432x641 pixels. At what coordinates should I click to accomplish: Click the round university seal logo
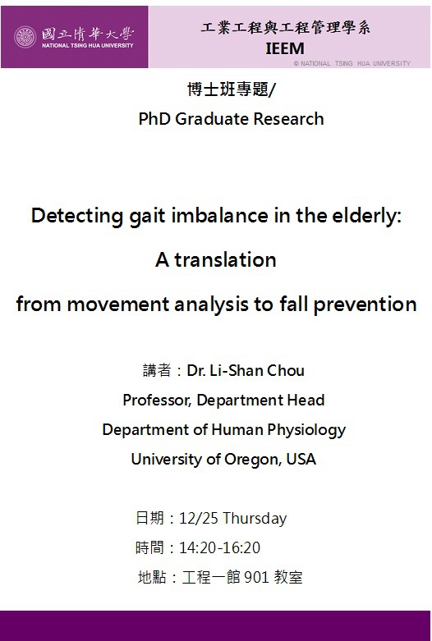coord(25,37)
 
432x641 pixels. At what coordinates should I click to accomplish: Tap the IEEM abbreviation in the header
coord(285,48)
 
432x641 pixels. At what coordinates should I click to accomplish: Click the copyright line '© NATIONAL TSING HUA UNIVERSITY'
coord(352,63)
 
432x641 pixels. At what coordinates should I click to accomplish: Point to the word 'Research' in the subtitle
coord(288,119)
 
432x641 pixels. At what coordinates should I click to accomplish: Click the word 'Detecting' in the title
coord(77,216)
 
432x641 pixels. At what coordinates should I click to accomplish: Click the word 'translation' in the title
coord(225,259)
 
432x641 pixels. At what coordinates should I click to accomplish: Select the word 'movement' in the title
coord(118,304)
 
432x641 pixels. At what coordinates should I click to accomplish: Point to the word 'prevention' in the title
coord(365,305)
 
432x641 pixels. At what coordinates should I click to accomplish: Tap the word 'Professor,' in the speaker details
coord(157,401)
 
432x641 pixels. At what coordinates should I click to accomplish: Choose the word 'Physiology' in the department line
coord(306,430)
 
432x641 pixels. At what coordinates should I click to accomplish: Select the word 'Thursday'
coord(255,519)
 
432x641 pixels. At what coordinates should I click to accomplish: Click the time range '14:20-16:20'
coord(219,547)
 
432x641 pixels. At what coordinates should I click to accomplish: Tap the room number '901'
coord(256,577)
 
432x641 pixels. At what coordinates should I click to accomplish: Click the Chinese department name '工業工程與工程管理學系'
coord(286,28)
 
